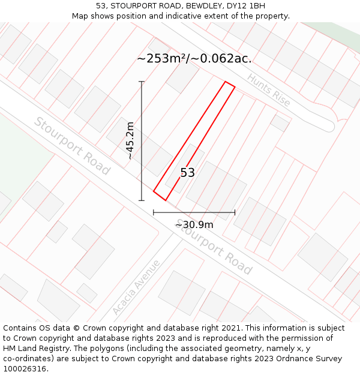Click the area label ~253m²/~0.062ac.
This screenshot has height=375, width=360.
pos(194,59)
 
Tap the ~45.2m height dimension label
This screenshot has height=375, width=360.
pos(130,141)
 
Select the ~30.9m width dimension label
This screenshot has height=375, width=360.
pos(194,224)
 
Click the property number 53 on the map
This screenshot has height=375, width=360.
pos(188,173)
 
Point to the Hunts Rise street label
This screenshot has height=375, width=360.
pos(268,90)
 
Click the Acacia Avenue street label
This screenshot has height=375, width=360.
pos(136,287)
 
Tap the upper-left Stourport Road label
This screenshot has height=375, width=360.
pos(72,146)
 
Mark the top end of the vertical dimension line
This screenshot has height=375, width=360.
pos(142,82)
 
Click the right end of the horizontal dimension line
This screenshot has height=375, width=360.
pos(235,212)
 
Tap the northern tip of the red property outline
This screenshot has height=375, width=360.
pos(226,82)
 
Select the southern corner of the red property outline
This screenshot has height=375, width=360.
pos(165,200)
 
